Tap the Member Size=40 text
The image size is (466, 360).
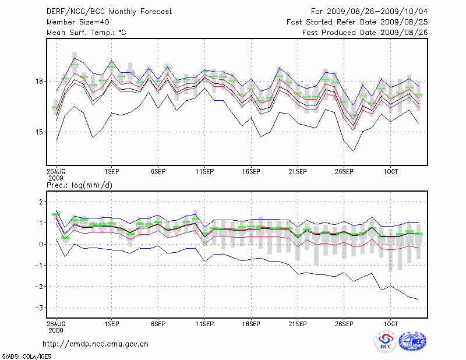pos(74,22)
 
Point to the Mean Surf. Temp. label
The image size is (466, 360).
pos(86,32)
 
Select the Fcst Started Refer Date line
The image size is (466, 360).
pos(357,22)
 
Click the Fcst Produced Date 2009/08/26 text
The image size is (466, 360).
pos(365,32)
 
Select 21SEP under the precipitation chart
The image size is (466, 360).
pos(298,322)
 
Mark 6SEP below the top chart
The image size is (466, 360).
pos(158,172)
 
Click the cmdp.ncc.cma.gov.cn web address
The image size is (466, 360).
pos(96,344)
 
